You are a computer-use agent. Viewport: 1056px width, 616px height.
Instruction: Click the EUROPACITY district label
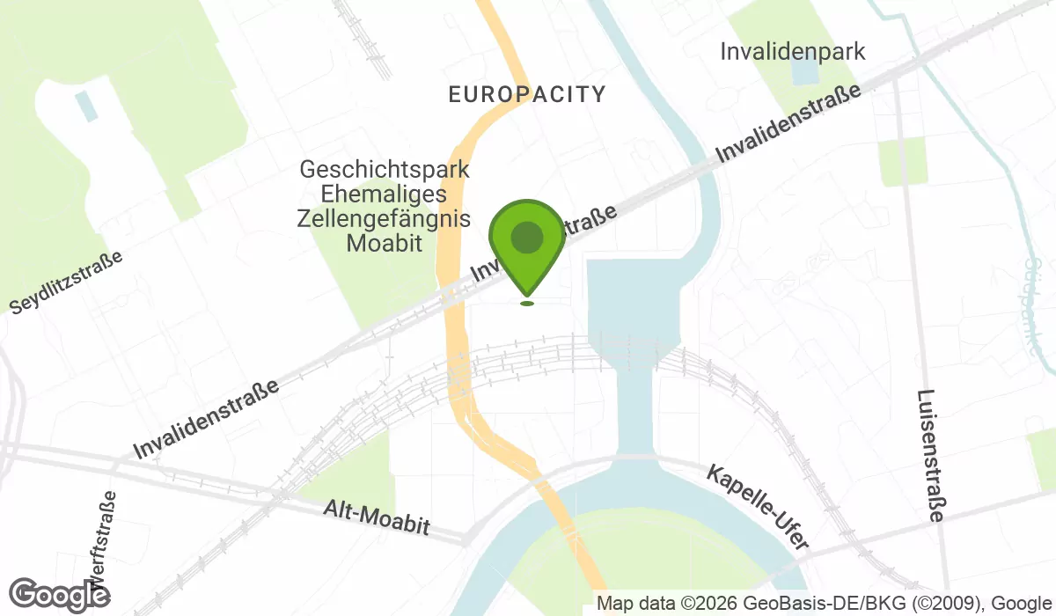click(x=527, y=94)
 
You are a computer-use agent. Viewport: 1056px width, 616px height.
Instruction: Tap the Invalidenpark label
click(x=792, y=51)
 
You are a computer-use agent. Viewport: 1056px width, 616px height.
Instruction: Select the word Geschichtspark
click(x=385, y=169)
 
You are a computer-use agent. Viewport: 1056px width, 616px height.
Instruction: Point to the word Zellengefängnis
click(x=385, y=218)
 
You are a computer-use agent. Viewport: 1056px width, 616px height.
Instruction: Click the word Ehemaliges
click(x=385, y=194)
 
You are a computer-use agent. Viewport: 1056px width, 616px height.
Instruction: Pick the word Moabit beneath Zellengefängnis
click(x=385, y=243)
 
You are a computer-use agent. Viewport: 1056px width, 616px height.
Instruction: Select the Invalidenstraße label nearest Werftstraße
click(x=207, y=419)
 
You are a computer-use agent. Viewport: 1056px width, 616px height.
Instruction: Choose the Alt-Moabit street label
click(x=377, y=517)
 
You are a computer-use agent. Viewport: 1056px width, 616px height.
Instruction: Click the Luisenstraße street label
click(x=930, y=456)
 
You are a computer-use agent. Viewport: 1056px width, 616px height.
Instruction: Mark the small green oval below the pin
click(x=526, y=304)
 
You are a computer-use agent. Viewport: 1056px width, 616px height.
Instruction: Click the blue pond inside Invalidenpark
click(x=804, y=71)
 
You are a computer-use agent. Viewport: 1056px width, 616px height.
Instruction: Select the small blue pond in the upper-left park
click(x=86, y=106)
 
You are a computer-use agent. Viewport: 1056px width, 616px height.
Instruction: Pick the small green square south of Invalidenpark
click(x=903, y=162)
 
